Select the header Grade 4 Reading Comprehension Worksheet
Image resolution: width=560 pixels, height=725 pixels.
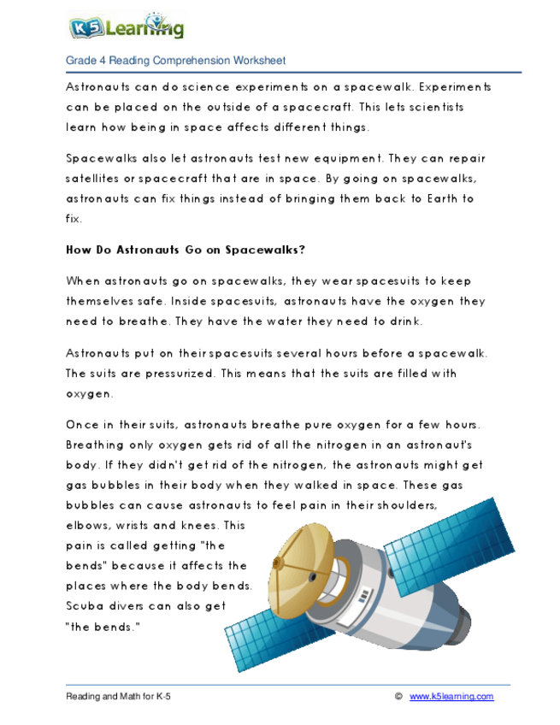(175, 61)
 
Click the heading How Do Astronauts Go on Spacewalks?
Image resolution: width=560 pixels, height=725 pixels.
(186, 251)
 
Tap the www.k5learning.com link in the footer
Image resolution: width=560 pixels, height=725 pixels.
(451, 697)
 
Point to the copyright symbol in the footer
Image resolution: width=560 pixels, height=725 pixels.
(398, 697)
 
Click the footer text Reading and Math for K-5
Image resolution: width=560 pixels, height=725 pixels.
(119, 697)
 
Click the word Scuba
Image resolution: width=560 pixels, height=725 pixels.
(85, 606)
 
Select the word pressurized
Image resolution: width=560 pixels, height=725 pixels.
(175, 374)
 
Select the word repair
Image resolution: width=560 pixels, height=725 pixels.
(468, 158)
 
